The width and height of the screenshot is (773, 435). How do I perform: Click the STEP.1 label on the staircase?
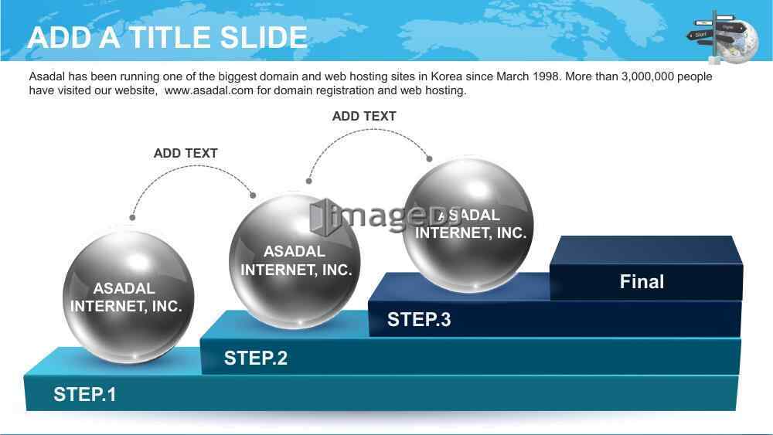[x=85, y=394]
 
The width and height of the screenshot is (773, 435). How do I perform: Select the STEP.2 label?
[x=255, y=358]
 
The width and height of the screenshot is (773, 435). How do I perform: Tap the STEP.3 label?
[x=419, y=319]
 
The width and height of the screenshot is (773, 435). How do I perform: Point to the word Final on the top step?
[x=642, y=281]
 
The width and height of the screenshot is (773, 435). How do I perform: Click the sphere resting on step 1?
[x=128, y=297]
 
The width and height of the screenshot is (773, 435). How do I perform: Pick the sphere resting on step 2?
[x=295, y=260]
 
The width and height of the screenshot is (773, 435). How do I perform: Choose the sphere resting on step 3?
[x=468, y=225]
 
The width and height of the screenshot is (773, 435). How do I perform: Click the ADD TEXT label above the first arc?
[x=186, y=153]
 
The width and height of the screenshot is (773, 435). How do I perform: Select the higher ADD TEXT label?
[x=364, y=116]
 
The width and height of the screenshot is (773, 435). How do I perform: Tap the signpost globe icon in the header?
[x=724, y=37]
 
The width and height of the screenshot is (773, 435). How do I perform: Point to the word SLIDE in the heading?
[x=264, y=37]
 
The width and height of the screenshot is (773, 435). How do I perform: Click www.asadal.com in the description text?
[x=209, y=90]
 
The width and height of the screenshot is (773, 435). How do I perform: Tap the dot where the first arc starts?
[x=132, y=217]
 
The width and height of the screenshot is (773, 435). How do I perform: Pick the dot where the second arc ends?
[x=429, y=158]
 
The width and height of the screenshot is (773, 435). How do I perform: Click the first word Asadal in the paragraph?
[x=47, y=76]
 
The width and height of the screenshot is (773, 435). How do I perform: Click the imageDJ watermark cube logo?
[x=321, y=216]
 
